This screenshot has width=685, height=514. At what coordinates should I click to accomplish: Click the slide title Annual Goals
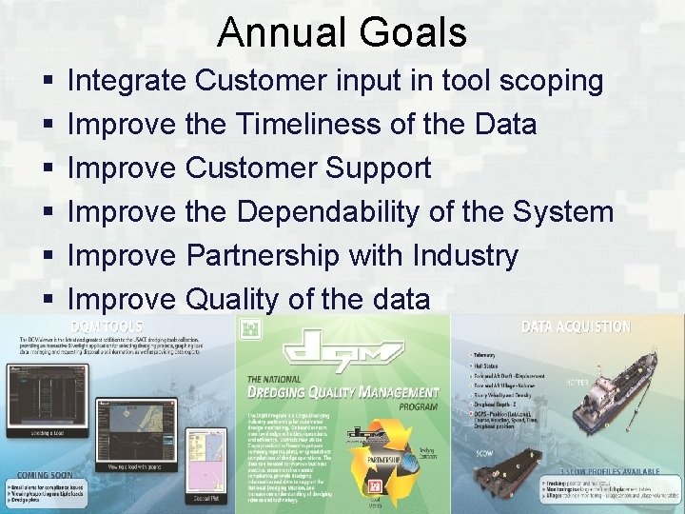click(342, 32)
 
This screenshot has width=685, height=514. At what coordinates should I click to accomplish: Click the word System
click(561, 212)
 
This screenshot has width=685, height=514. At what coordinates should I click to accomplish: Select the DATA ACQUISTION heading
click(575, 327)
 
